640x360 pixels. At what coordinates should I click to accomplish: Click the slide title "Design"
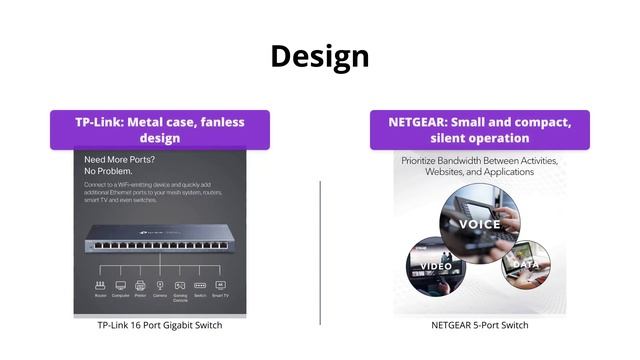tap(320, 56)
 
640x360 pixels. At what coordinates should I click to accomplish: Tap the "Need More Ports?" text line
tap(121, 160)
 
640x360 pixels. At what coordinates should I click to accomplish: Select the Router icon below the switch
tap(101, 284)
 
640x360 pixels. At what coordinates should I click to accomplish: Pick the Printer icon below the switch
tap(141, 284)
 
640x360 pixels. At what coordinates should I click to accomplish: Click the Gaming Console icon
tap(180, 284)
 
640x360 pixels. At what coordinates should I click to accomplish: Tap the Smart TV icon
tap(220, 284)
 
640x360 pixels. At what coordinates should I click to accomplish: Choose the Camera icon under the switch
tap(160, 284)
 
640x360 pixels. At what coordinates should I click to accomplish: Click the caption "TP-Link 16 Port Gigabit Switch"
tap(160, 325)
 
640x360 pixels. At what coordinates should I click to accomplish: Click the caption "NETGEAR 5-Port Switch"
tap(480, 325)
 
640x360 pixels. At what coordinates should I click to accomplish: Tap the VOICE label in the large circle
tap(480, 224)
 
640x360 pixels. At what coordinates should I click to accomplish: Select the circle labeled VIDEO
tap(435, 265)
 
